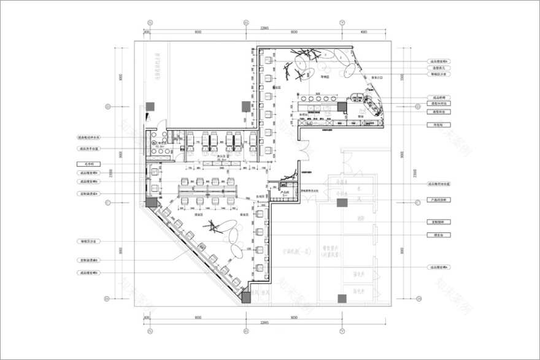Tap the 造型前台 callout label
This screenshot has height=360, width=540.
(x=439, y=112)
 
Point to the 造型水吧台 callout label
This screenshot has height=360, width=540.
(x=439, y=104)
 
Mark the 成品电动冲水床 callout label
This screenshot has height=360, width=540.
(x=89, y=138)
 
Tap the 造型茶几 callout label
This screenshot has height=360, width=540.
(x=439, y=68)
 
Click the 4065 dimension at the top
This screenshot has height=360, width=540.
(x=364, y=31)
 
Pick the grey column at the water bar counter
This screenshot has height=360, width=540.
(x=342, y=105)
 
